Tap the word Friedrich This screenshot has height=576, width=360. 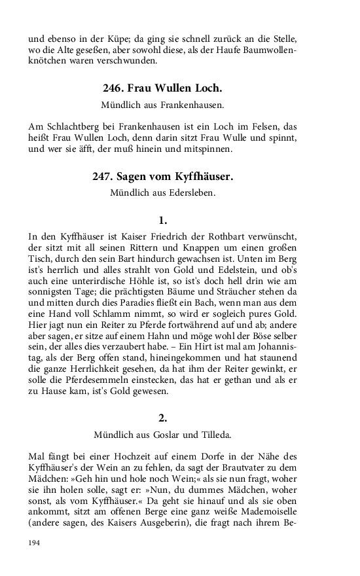pyautogui.click(x=178, y=236)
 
